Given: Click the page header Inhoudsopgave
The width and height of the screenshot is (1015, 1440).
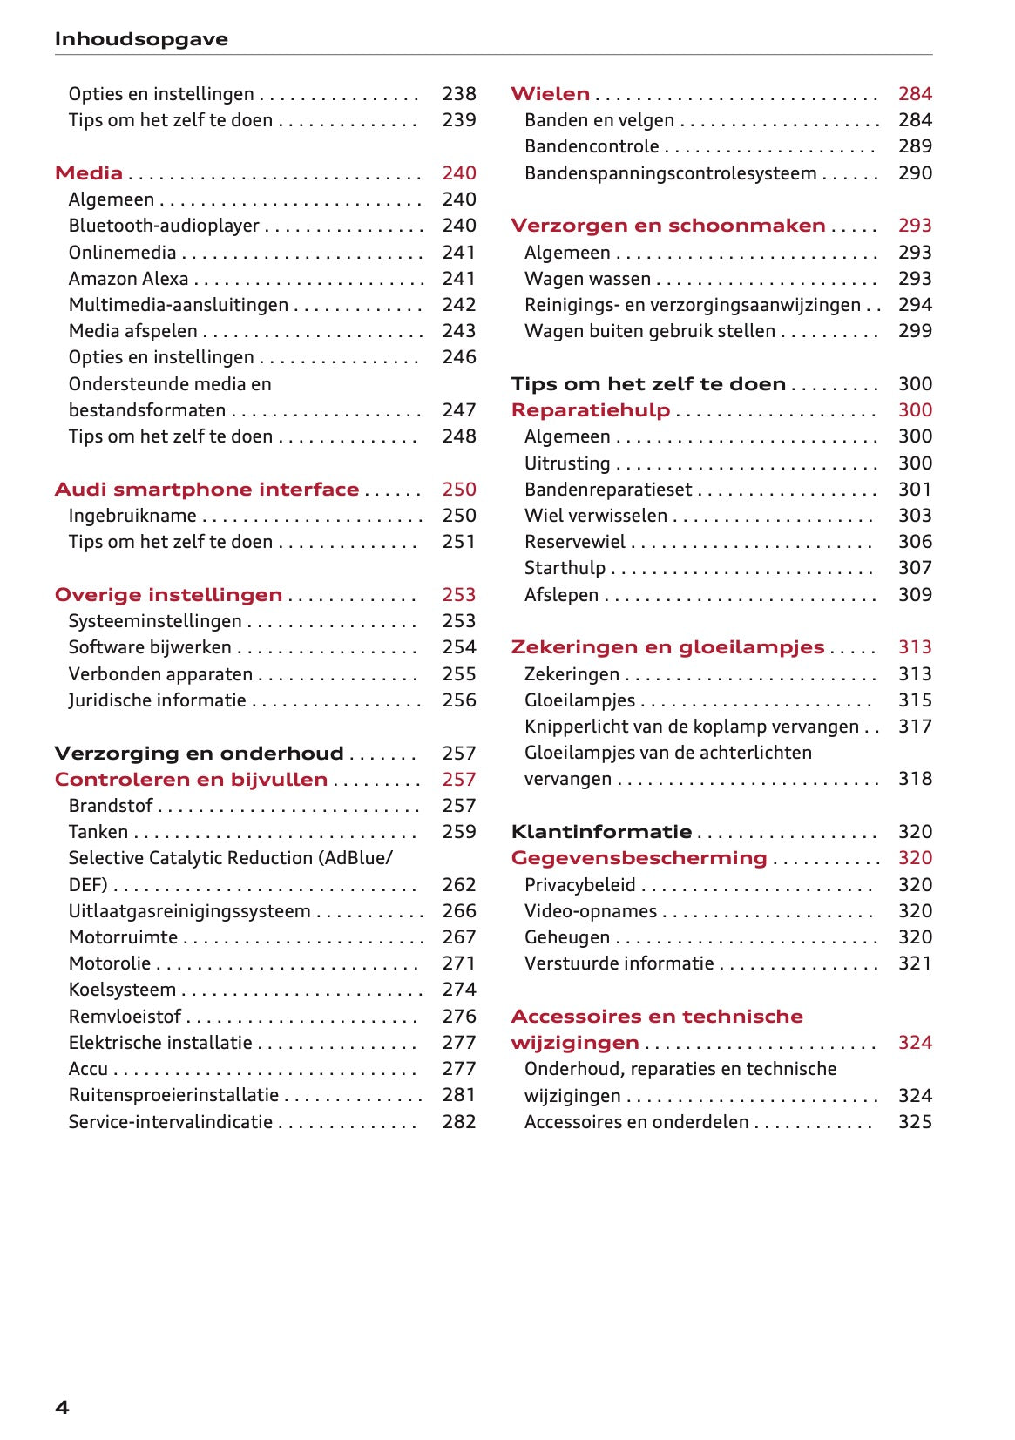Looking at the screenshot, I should tap(141, 39).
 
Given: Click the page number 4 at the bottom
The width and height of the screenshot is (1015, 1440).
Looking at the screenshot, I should tap(62, 1407).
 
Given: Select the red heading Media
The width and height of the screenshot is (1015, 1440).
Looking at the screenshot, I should tap(88, 172).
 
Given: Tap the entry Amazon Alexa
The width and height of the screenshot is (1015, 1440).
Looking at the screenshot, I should tap(128, 279).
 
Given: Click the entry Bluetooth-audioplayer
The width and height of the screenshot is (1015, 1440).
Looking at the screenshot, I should tap(164, 226).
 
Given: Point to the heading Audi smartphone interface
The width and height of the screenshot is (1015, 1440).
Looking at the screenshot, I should tap(206, 490).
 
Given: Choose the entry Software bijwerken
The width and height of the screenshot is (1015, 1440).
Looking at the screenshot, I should tap(150, 647).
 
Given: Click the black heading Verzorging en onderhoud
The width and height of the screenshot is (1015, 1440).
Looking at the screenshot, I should tap(199, 754).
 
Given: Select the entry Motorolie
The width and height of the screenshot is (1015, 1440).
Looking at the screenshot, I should tap(110, 963).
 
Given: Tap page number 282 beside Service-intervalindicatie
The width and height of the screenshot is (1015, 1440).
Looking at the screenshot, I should tap(458, 1122).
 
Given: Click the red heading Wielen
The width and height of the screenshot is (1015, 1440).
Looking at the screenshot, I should tap(550, 94).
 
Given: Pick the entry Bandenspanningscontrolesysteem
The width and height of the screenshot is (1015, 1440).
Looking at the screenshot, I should tap(670, 173).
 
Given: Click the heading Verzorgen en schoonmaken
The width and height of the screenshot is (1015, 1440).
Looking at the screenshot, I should tap(667, 226).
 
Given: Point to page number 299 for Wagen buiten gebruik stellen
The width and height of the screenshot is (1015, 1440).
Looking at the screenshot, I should tap(915, 331).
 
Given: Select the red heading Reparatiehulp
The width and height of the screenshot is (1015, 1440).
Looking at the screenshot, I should tap(590, 410).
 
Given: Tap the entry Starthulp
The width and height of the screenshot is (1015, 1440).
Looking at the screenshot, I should tap(565, 568).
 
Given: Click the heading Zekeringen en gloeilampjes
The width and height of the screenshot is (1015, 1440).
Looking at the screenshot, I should tap(667, 647).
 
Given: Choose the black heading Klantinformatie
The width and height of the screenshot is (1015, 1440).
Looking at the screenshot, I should tap(601, 832).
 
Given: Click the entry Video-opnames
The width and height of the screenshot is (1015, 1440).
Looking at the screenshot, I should tap(590, 911).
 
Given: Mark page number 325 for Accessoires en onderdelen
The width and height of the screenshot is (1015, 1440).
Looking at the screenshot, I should tap(915, 1122).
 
